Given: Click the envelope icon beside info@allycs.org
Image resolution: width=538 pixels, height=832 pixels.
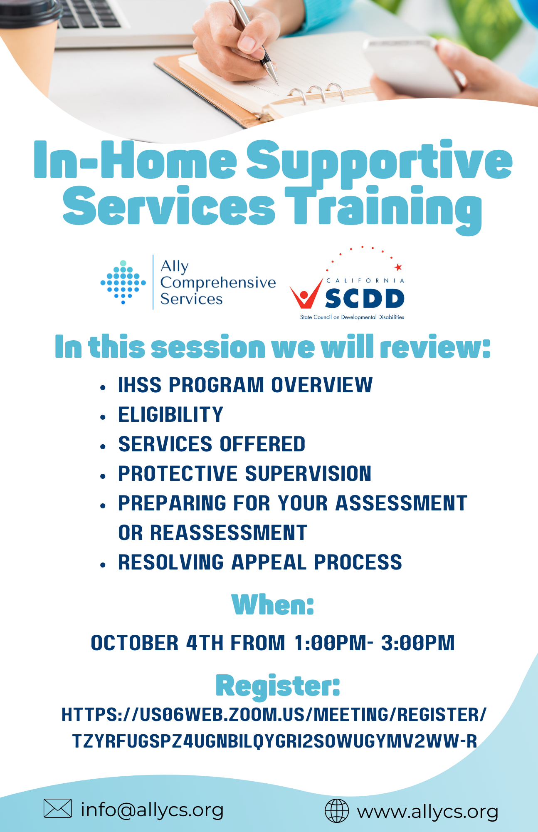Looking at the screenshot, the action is coord(58,808).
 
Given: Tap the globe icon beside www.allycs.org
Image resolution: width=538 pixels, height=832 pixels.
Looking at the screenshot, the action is coord(336,811).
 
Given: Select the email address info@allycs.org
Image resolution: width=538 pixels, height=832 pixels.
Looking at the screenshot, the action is coord(152,810).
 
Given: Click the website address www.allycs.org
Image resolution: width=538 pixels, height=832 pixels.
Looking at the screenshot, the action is coord(427,812).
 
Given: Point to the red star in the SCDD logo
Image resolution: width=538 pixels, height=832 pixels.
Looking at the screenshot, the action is coord(398,267).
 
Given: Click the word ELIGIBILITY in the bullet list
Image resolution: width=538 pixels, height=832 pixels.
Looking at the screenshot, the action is coord(171,415).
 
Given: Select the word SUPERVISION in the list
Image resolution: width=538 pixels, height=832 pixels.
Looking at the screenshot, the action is coord(308,474).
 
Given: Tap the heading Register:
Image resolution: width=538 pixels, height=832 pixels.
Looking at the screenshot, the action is coord(278,686).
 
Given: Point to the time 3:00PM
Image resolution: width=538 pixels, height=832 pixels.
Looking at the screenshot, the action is coord(418,643).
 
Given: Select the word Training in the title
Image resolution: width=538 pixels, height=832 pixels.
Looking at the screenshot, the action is coord(383,208).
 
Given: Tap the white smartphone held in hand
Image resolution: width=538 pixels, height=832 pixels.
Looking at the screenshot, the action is coord(412,67).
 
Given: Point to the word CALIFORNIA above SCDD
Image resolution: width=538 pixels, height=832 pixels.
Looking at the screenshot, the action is coord(365,281).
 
